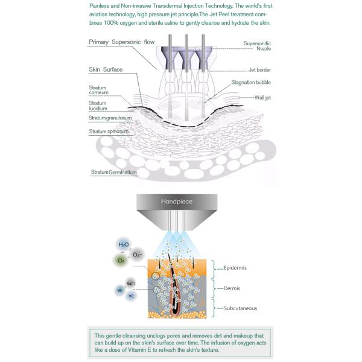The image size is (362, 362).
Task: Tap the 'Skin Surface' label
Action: point(106,70)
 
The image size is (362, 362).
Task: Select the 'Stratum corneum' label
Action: point(98,91)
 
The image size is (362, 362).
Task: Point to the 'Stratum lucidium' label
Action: point(98,106)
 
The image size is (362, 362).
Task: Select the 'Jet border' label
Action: point(260,70)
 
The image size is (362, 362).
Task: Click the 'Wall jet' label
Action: point(260,97)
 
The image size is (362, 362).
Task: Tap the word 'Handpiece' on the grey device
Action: point(176,202)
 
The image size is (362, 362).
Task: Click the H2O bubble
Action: point(123,244)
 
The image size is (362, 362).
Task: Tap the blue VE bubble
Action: point(119,291)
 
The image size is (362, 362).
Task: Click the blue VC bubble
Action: point(132,297)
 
